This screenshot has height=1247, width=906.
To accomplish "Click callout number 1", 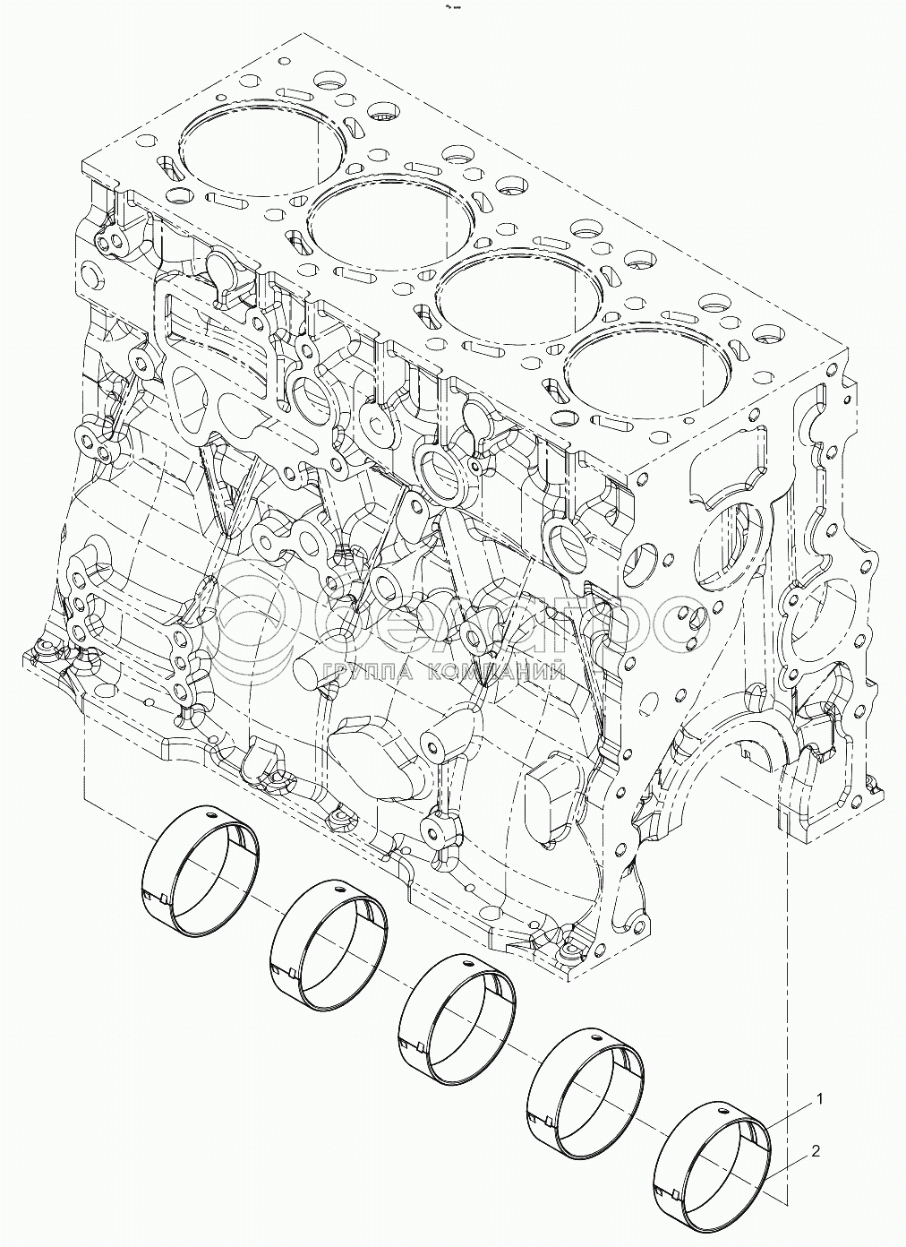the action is click(817, 1097).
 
